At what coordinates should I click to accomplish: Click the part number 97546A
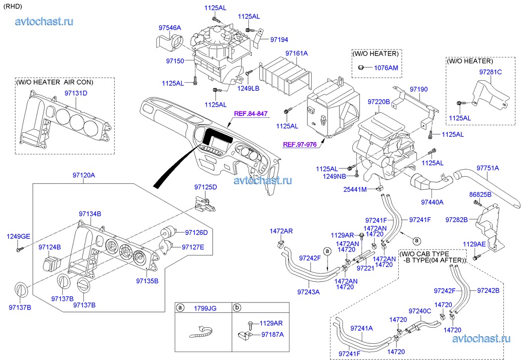coord(170,28)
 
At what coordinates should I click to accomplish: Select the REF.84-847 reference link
coord(250,113)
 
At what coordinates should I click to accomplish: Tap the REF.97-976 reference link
coord(299,145)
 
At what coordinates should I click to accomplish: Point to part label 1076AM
coord(386,67)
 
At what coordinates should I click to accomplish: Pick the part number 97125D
coord(205,187)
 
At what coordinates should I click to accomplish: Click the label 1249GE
coord(18,236)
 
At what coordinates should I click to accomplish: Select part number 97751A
coord(487,168)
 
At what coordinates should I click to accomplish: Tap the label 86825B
coord(480,195)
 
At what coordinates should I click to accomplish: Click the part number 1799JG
coord(205,308)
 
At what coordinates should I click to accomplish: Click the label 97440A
coord(432,202)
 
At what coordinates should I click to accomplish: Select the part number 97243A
coord(308,292)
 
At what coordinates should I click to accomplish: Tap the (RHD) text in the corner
coord(14,6)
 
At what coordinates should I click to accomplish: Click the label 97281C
coord(490,72)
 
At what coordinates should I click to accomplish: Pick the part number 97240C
coord(420,310)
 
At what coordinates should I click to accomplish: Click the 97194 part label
coord(279,40)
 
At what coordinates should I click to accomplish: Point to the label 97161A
coord(296,53)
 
